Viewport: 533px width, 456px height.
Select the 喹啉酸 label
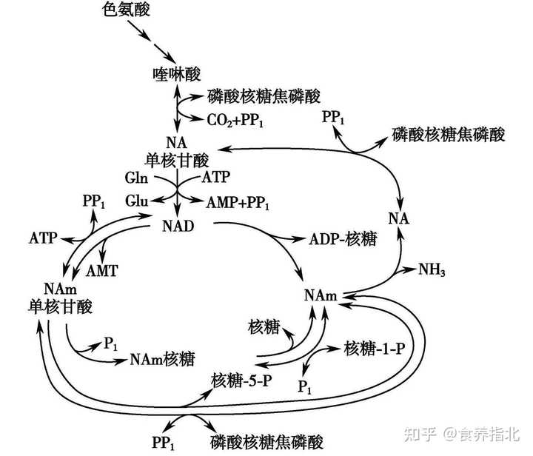point(175,73)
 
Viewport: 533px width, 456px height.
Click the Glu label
point(136,201)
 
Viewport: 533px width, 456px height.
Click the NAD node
point(177,224)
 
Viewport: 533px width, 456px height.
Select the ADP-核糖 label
point(342,240)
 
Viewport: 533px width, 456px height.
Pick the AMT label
point(102,271)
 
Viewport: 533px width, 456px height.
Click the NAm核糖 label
point(162,360)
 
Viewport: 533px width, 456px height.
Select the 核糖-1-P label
point(374,349)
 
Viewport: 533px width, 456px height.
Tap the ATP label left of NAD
point(43,238)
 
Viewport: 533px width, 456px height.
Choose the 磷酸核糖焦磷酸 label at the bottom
point(267,442)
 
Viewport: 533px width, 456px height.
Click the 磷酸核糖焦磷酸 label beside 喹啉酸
point(255,97)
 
